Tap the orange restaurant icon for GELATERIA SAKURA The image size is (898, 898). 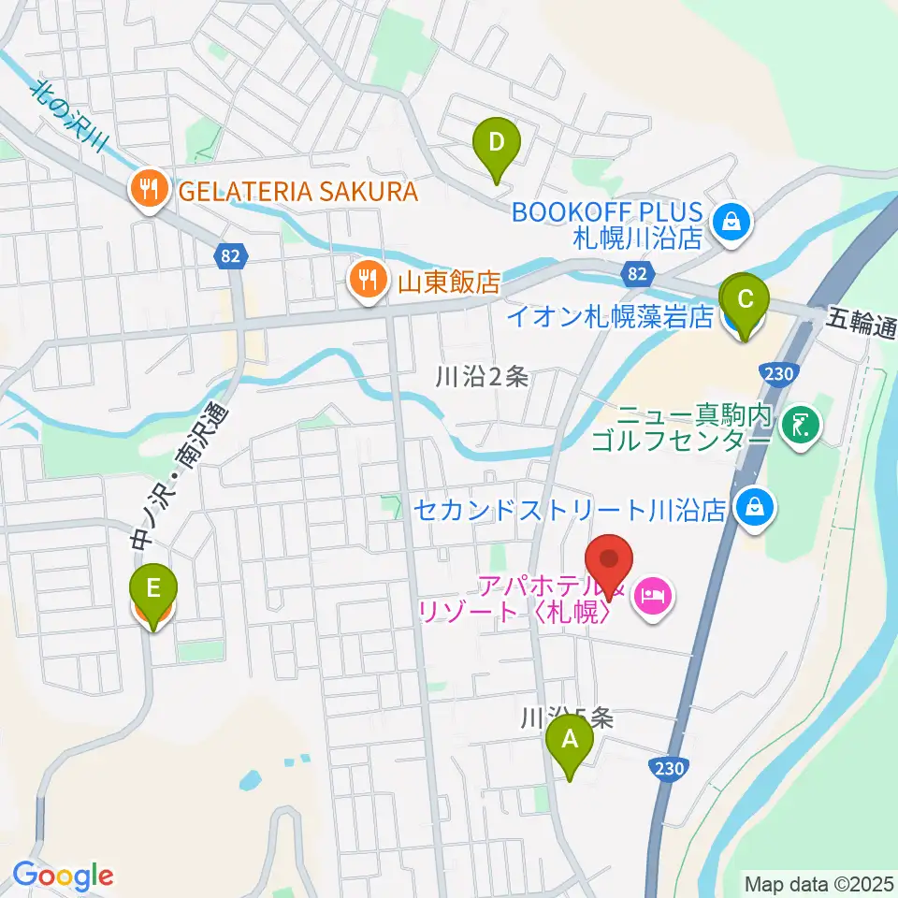pos(149,193)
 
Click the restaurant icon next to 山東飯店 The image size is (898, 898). pos(368,280)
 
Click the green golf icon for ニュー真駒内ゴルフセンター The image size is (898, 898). pos(801,426)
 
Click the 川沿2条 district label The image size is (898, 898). pos(483,377)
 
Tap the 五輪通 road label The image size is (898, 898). pos(862,327)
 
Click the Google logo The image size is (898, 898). pos(63,876)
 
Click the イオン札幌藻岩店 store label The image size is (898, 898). pos(610,317)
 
